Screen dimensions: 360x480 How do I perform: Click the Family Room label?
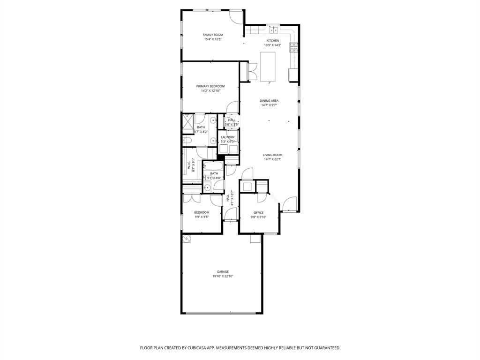[212, 35]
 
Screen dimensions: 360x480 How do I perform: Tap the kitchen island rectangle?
[267, 66]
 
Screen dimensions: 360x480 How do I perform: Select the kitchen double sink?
[273, 30]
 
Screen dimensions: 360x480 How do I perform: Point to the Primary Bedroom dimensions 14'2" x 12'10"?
[210, 91]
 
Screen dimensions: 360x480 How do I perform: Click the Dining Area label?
[269, 101]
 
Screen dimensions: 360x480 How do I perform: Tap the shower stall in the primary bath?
[187, 121]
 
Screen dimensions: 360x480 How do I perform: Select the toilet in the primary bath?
[186, 140]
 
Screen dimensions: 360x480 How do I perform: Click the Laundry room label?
[228, 137]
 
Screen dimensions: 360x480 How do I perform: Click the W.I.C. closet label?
[189, 165]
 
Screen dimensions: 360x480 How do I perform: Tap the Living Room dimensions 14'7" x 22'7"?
[272, 159]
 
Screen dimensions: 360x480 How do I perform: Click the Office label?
[258, 212]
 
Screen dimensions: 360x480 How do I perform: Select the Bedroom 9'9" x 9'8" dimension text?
[202, 217]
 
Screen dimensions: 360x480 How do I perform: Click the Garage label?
[223, 272]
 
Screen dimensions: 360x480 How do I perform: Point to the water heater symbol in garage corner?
[187, 239]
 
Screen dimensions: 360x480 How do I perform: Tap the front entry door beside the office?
[290, 204]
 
